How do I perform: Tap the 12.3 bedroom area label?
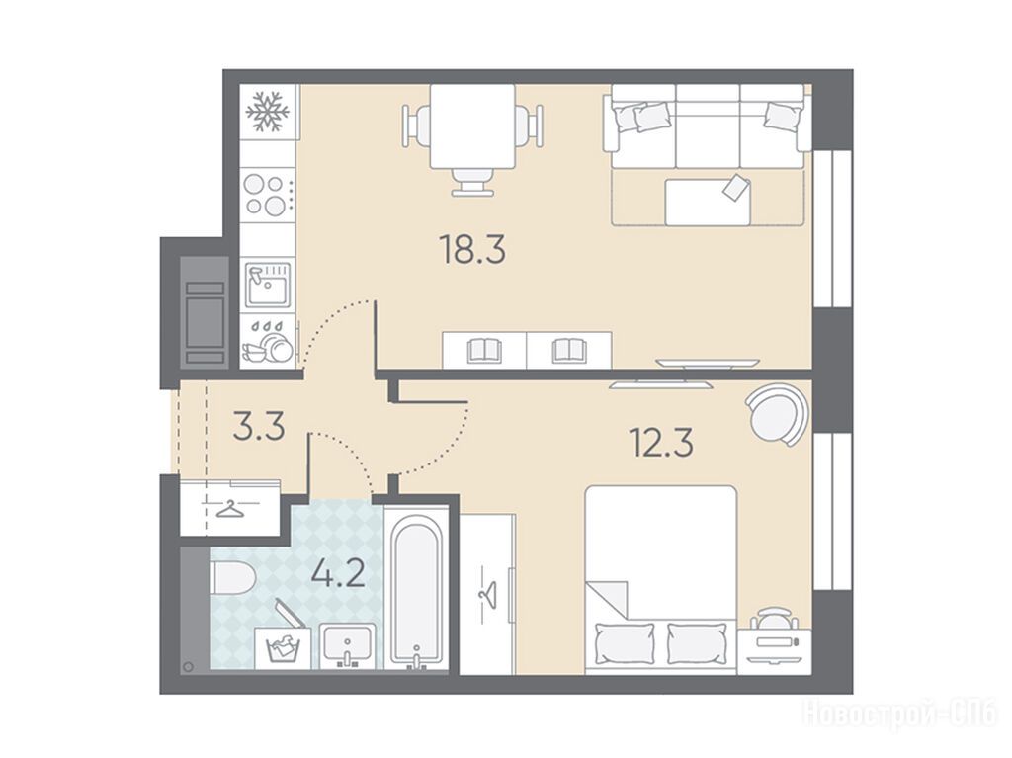pyautogui.click(x=661, y=443)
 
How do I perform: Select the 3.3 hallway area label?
pyautogui.click(x=259, y=427)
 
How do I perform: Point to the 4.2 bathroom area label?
pyautogui.click(x=338, y=572)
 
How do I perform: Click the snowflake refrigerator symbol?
pyautogui.click(x=268, y=112)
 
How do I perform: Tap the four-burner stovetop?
pyautogui.click(x=269, y=195)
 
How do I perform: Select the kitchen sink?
pyautogui.click(x=268, y=285)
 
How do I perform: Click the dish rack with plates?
pyautogui.click(x=269, y=341)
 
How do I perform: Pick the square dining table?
pyautogui.click(x=472, y=126)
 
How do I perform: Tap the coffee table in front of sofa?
pyautogui.click(x=708, y=202)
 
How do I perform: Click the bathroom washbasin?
pyautogui.click(x=347, y=645)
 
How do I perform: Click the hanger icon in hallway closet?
pyautogui.click(x=231, y=509)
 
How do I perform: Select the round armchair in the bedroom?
pyautogui.click(x=777, y=414)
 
